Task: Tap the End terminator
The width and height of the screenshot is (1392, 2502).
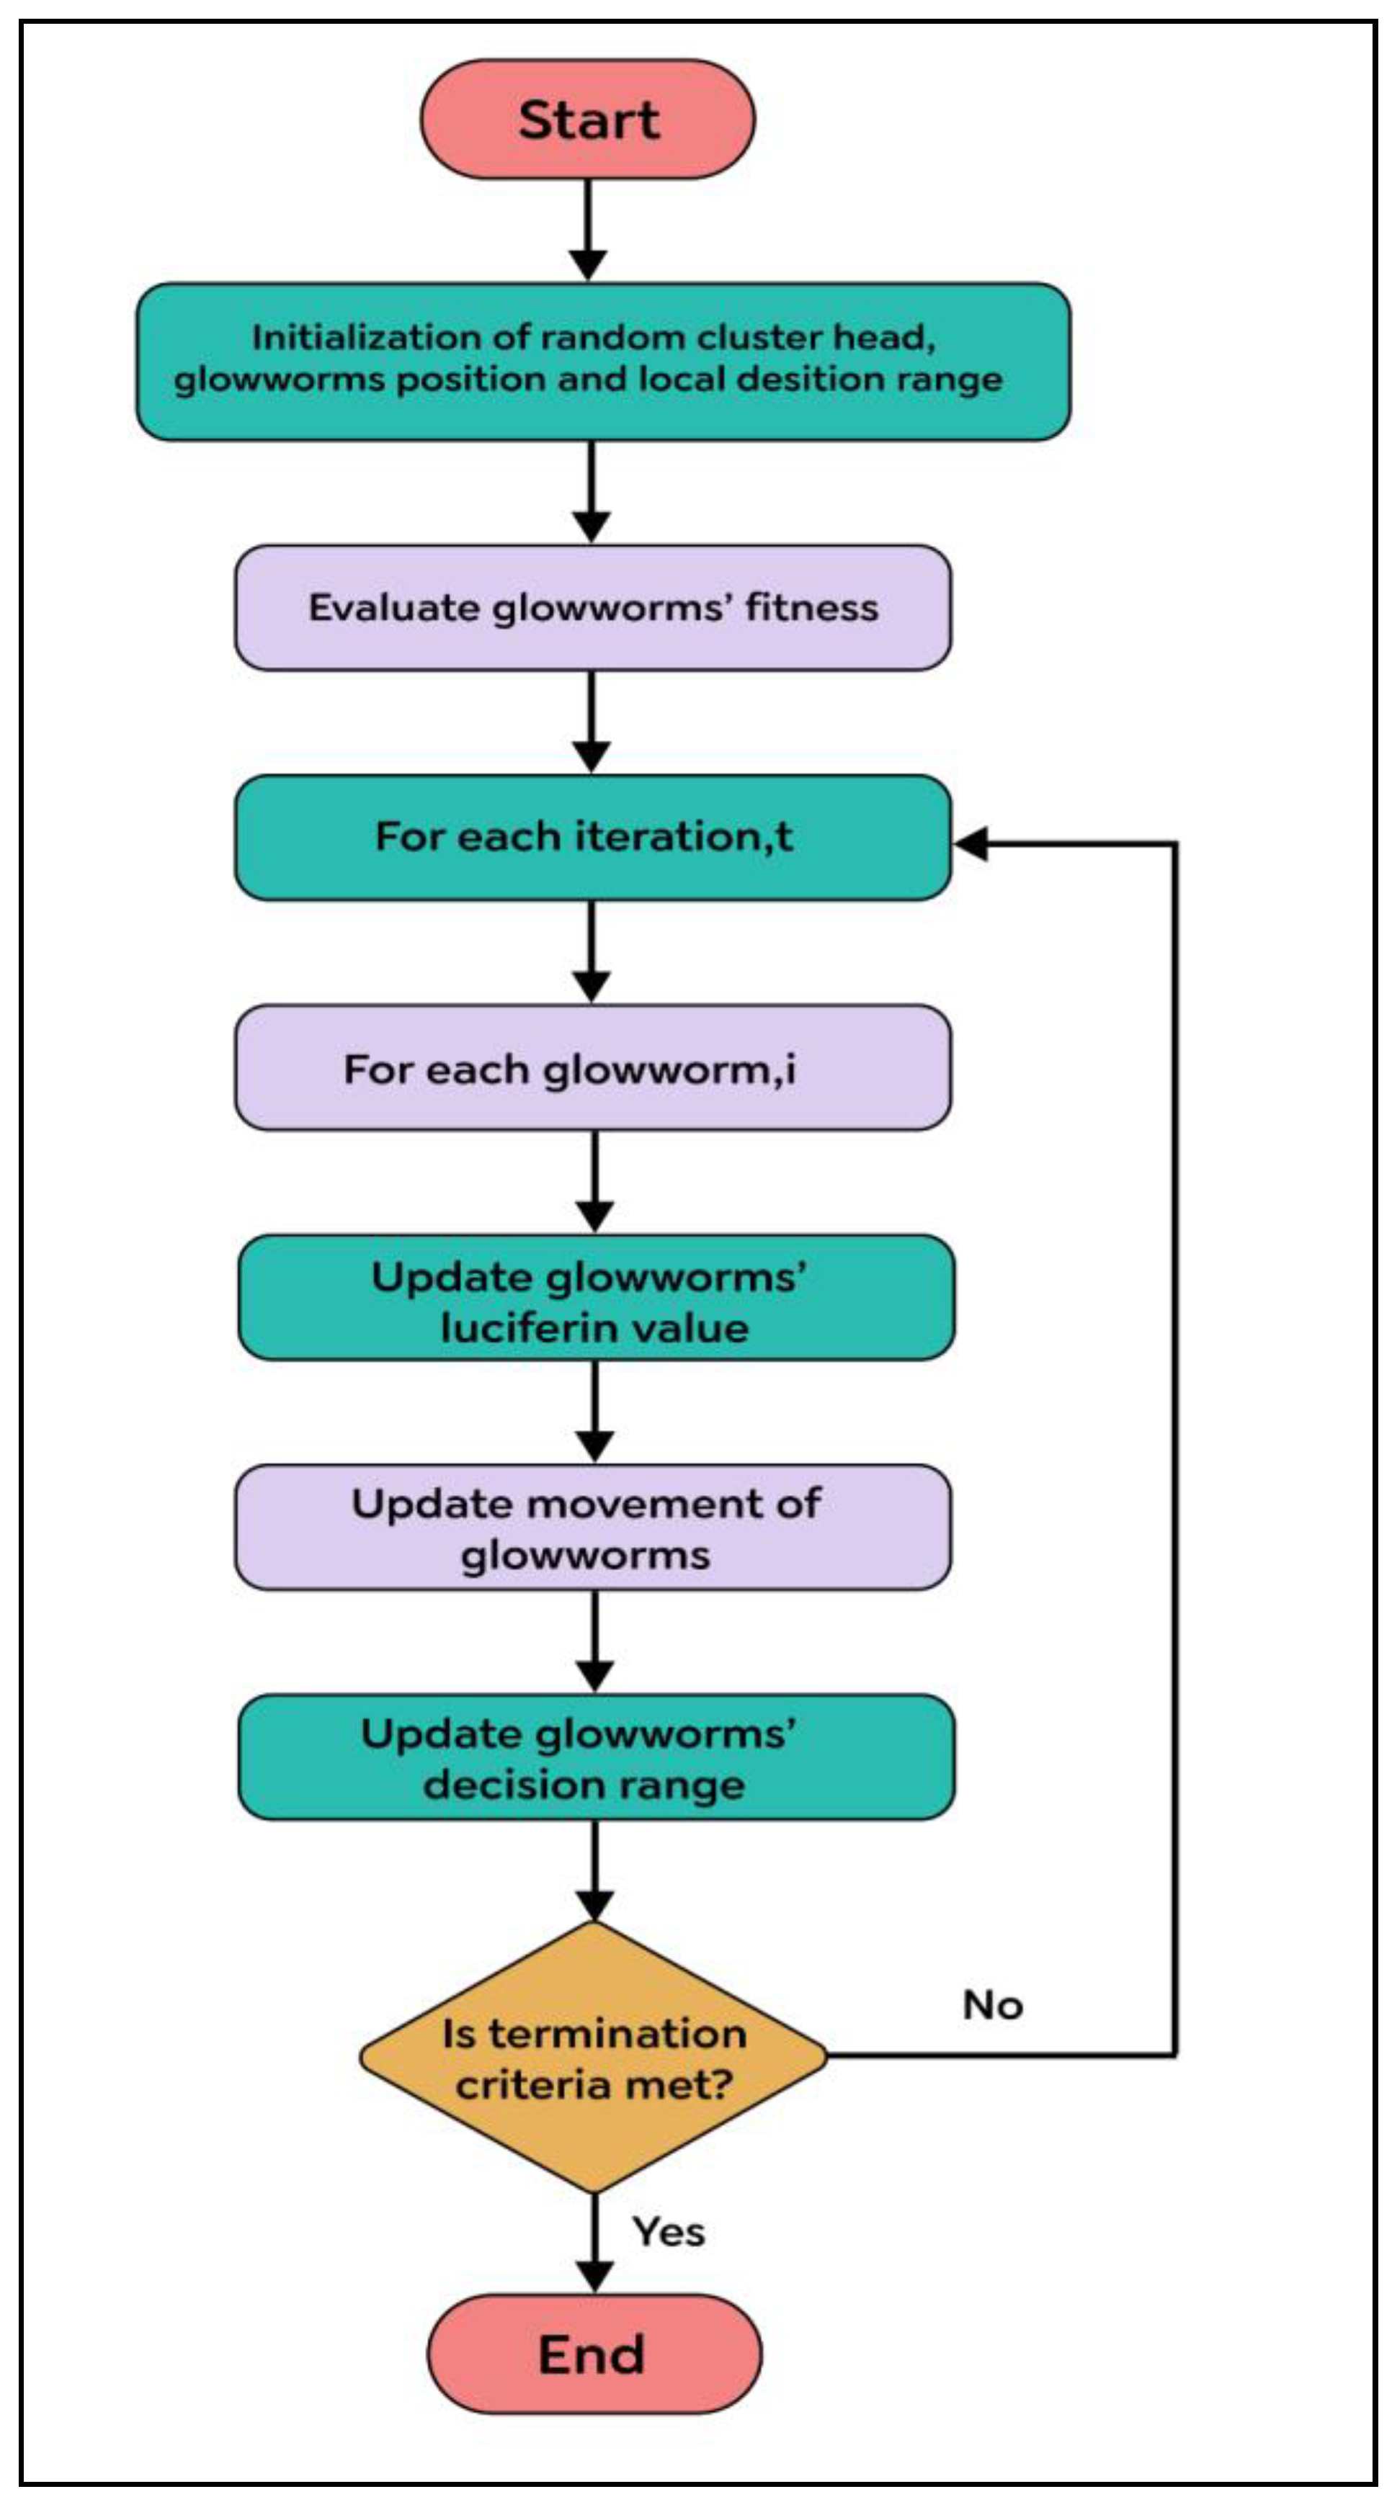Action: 594,2354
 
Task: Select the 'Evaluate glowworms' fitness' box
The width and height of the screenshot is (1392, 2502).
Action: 592,608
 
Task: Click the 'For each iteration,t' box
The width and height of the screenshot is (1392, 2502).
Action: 592,837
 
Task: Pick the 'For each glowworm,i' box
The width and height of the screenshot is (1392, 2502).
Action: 592,1067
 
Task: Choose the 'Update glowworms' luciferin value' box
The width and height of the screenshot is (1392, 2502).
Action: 595,1298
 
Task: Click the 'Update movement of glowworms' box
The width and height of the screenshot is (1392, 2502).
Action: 592,1528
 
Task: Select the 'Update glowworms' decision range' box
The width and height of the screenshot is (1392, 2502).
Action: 595,1758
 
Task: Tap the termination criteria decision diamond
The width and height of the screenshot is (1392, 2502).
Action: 594,2057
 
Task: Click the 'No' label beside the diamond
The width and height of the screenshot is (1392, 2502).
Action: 992,2005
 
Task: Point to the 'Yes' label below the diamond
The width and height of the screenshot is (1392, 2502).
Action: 669,2232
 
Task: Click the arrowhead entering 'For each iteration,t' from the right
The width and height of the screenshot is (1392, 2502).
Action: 971,843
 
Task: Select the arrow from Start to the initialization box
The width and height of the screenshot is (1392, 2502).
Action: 588,229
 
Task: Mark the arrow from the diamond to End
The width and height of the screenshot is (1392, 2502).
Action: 594,2243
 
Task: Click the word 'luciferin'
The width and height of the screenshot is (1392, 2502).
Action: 519,1328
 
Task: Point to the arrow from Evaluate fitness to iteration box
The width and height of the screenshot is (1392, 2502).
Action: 592,722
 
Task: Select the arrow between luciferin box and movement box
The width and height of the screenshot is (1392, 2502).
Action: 594,1410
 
